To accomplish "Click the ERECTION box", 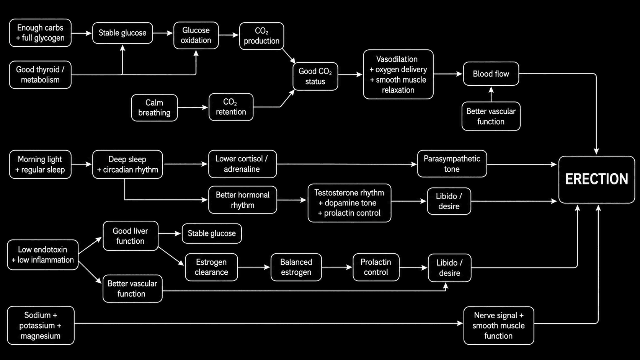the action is (597, 179).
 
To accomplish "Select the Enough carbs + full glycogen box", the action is (40, 33).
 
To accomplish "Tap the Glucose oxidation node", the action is (196, 36).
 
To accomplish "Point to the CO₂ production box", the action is (261, 36).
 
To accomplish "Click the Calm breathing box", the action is (154, 108).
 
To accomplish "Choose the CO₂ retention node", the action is (231, 107).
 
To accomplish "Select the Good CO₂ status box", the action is (315, 76).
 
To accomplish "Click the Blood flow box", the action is (491, 74).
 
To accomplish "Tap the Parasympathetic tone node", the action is (452, 164).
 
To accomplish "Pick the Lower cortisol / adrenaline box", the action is (242, 164).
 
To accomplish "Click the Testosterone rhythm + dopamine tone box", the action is (349, 203).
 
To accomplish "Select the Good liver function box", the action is (130, 236).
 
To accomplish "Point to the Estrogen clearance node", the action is (211, 267).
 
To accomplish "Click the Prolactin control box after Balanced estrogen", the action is (376, 267).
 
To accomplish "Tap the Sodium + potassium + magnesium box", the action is (41, 326).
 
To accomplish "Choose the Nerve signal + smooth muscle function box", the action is (499, 326).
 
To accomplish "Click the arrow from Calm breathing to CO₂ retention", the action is (193, 108).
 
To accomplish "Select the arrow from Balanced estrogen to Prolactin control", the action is (337, 267).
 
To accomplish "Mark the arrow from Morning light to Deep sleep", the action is (82, 164).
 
